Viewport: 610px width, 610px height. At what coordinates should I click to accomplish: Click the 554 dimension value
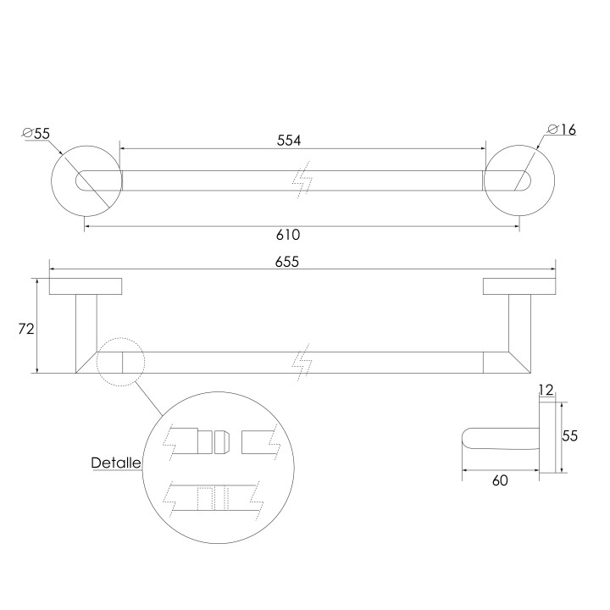[289, 140]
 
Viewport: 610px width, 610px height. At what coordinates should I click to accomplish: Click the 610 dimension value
[288, 235]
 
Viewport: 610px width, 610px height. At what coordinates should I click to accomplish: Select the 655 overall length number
[286, 262]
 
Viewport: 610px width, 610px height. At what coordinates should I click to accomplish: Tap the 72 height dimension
[26, 329]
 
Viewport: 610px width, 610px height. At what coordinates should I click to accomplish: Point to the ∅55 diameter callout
[36, 134]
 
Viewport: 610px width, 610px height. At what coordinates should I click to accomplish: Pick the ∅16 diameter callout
[562, 129]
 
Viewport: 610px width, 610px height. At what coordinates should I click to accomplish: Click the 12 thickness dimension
[546, 390]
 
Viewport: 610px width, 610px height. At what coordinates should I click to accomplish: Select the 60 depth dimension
[500, 480]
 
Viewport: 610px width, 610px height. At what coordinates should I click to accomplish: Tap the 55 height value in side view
[569, 435]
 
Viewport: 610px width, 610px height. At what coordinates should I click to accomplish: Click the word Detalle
[115, 463]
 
